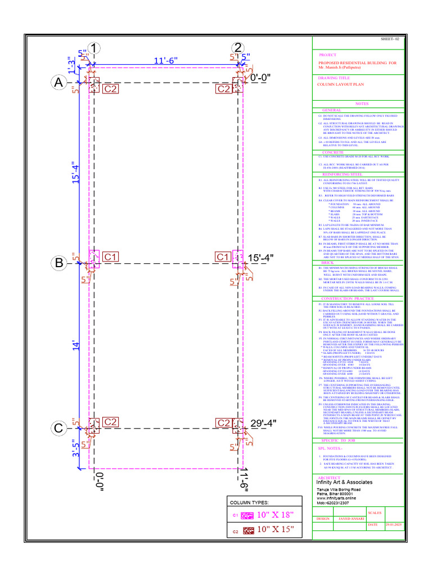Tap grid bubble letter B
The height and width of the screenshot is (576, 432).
pyautogui.click(x=58, y=263)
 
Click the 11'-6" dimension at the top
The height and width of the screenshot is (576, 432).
pyautogui.click(x=166, y=60)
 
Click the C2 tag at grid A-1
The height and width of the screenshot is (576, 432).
pyautogui.click(x=110, y=88)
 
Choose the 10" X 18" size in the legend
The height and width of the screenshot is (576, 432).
pyautogui.click(x=276, y=515)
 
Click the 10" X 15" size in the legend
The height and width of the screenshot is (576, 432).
pyautogui.click(x=276, y=530)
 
